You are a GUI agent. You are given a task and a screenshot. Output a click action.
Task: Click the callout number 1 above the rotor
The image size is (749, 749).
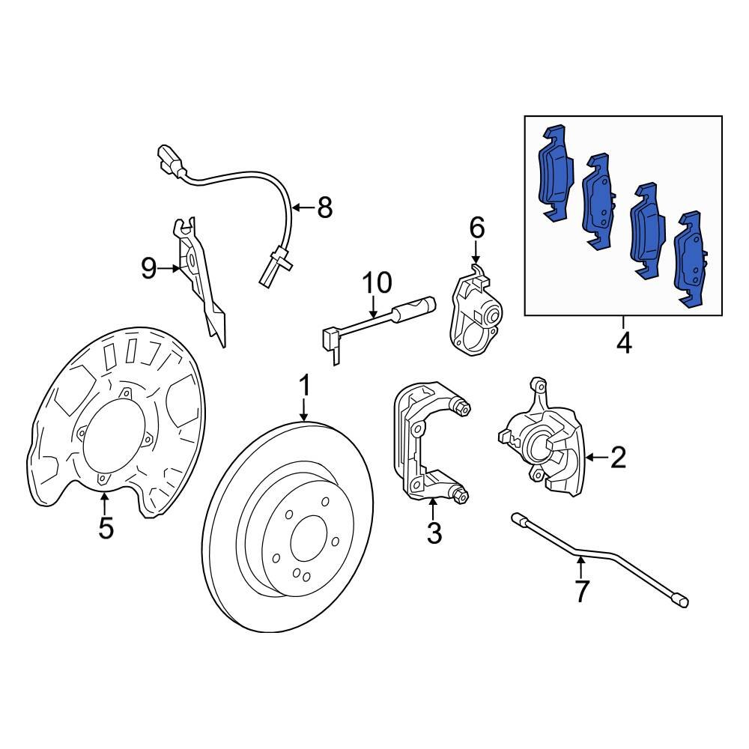click(x=304, y=386)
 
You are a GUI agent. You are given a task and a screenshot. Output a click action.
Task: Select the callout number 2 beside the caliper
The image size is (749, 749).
click(x=617, y=457)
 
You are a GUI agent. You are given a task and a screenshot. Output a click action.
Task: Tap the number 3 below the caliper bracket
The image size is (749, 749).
click(x=434, y=533)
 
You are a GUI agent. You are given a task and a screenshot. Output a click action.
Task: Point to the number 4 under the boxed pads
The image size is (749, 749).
click(x=623, y=344)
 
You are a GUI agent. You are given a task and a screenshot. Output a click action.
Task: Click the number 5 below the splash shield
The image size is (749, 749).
click(x=106, y=527)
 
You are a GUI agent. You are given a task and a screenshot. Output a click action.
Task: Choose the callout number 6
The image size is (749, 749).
click(x=477, y=227)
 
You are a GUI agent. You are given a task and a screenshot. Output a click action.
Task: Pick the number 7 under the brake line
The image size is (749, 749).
click(x=582, y=591)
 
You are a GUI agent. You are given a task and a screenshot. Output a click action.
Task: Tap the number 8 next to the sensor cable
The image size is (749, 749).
click(x=324, y=207)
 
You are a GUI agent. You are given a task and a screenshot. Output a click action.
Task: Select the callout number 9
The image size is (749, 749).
click(x=149, y=267)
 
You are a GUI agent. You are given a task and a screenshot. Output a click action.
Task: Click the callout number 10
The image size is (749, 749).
click(x=377, y=283)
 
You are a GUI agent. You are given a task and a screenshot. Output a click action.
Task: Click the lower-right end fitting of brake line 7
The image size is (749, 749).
click(x=680, y=599)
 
